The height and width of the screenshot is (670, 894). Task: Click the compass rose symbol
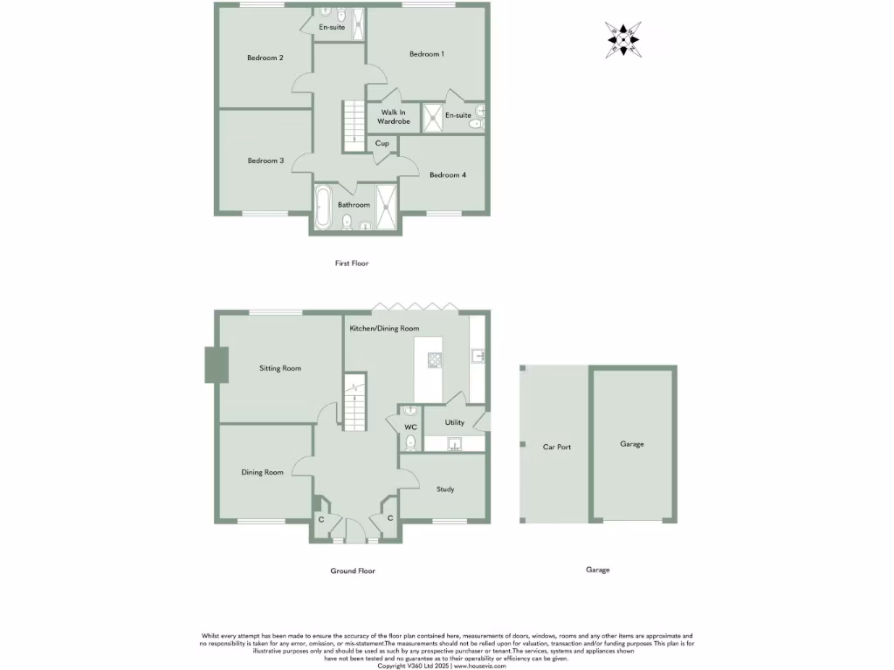click(623, 40)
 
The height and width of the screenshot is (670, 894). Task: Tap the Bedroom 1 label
click(427, 54)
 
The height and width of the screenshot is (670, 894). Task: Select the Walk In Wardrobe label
click(394, 117)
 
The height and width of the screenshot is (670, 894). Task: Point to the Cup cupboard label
click(382, 143)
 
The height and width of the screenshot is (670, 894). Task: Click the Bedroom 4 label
click(447, 175)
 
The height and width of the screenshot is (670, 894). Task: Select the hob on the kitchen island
click(434, 359)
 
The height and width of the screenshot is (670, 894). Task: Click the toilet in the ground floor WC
click(410, 442)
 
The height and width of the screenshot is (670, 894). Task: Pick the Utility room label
click(454, 422)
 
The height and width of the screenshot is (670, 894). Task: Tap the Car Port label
click(557, 447)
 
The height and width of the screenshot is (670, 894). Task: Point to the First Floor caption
click(352, 263)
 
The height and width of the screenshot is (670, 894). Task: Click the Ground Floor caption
click(353, 571)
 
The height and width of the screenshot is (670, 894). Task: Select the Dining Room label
click(263, 472)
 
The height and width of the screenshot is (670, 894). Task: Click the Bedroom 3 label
click(265, 161)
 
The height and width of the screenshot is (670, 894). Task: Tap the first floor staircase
click(353, 125)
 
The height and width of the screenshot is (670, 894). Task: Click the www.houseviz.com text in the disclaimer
click(479, 666)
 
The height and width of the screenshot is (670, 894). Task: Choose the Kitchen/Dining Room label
click(384, 328)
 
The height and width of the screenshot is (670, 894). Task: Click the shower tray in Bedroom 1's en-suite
click(433, 117)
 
